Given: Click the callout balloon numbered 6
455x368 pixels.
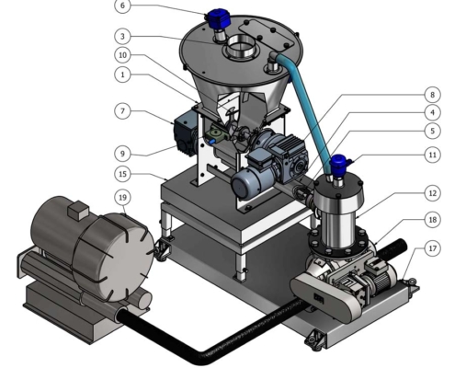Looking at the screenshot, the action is (122, 6).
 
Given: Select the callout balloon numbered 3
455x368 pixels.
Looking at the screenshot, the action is (122, 37).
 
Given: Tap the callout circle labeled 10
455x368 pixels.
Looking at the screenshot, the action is (122, 55).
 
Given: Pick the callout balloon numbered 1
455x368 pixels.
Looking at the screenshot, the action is (122, 75).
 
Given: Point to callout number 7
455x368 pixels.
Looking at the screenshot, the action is (122, 111).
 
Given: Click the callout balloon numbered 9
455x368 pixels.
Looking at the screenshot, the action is (122, 154).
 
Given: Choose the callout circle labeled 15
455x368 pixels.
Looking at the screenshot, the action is (122, 174).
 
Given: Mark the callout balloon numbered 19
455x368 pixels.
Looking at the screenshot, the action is (122, 198).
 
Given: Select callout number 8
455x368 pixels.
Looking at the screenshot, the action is (432, 95).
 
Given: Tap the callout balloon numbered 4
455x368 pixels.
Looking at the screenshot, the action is (432, 112).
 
